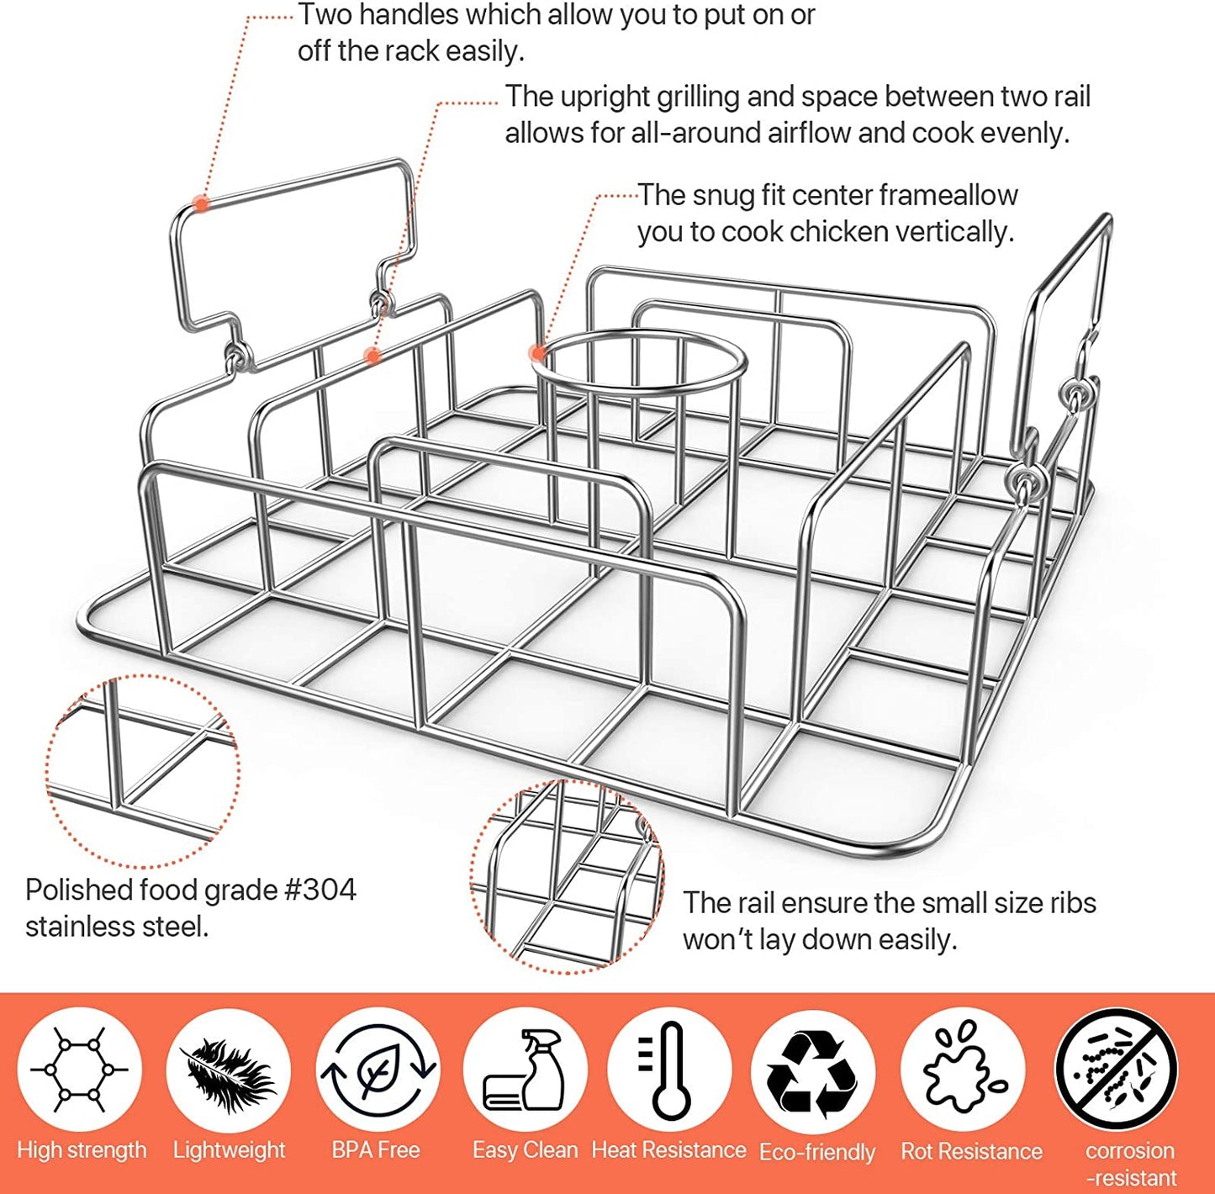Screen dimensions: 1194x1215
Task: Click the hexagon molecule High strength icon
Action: coord(80,1070)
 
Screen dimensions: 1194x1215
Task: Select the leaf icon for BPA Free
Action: coord(378,1070)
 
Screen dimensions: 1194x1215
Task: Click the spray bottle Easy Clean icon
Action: coord(525,1070)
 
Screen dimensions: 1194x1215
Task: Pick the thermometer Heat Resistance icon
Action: coord(669,1070)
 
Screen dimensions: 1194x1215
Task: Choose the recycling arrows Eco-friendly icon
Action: coord(813,1072)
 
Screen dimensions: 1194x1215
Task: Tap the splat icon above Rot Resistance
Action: coord(963,1070)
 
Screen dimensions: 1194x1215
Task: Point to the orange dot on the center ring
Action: coord(536,352)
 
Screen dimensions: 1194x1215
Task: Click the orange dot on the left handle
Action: coord(201,203)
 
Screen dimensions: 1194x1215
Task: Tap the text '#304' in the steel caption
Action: coord(320,890)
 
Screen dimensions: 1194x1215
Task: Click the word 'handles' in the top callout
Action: coord(422,15)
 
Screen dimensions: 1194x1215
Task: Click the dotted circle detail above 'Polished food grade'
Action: coord(143,770)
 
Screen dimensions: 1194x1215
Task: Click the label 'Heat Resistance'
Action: coord(669,1149)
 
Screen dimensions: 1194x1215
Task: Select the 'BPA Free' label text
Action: coord(376,1149)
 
